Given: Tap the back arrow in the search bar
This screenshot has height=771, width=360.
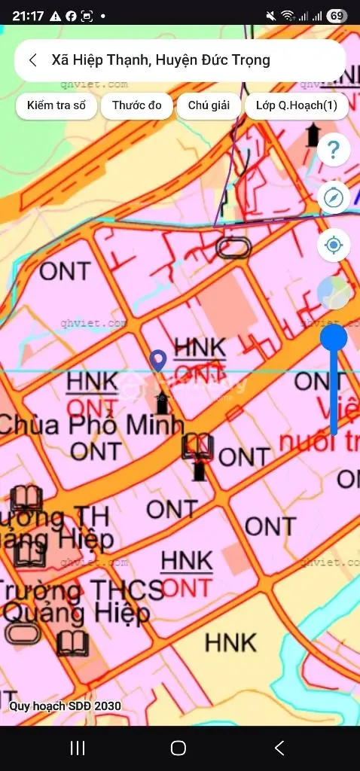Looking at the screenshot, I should (x=33, y=61).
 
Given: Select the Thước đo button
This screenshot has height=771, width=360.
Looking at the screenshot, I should (x=137, y=106).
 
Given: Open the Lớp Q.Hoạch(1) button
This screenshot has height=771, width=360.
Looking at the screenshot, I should (x=296, y=106).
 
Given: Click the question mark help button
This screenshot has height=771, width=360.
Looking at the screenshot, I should (x=334, y=151).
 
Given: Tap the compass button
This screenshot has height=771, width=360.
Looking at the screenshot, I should (x=334, y=198).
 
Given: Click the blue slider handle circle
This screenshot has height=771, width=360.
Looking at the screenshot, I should (x=334, y=337).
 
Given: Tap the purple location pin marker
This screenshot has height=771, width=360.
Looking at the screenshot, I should (x=158, y=360).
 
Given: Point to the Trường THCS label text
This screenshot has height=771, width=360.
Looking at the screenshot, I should (x=83, y=590).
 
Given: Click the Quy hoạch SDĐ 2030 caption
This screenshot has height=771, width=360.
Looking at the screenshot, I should (x=65, y=706).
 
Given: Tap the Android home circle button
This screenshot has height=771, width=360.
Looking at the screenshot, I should (x=178, y=748).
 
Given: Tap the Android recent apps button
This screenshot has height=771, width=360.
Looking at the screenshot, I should (x=77, y=748).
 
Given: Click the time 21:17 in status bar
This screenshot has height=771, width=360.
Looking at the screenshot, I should (x=27, y=15).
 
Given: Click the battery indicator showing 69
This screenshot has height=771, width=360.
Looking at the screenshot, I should (x=337, y=15).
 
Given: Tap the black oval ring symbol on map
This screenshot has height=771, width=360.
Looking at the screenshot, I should (x=233, y=247).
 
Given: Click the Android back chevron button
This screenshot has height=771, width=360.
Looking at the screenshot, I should (x=279, y=748).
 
